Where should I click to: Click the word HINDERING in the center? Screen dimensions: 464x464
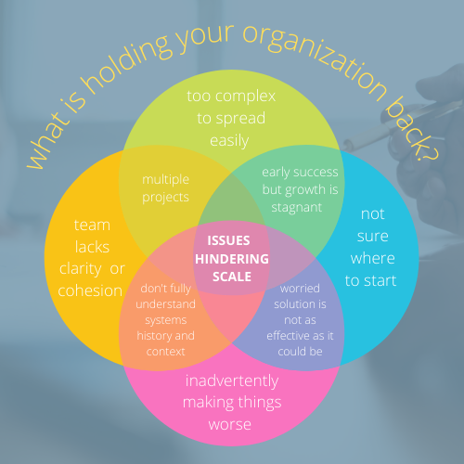tap(232, 259)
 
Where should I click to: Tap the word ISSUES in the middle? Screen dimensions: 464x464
tap(228, 240)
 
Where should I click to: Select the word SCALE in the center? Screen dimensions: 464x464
tap(232, 277)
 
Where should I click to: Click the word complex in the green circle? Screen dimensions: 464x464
tap(245, 97)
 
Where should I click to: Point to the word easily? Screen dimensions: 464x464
tap(229, 141)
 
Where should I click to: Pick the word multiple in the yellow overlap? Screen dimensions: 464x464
tap(165, 180)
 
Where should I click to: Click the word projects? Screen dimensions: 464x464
tap(165, 198)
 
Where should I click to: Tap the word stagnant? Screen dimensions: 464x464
tap(297, 208)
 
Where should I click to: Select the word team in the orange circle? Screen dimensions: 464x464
tap(92, 226)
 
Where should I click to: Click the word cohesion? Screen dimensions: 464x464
tap(90, 290)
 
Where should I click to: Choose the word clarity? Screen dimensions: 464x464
tap(80, 269)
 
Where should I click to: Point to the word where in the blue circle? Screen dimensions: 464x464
tap(372, 258)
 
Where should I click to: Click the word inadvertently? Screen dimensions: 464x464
tap(232, 380)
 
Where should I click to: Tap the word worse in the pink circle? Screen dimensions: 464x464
tap(229, 425)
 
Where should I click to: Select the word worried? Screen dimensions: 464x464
tap(300, 289)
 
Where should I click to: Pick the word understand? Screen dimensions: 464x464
tap(165, 304)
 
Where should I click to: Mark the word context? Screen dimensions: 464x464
tap(165, 352)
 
